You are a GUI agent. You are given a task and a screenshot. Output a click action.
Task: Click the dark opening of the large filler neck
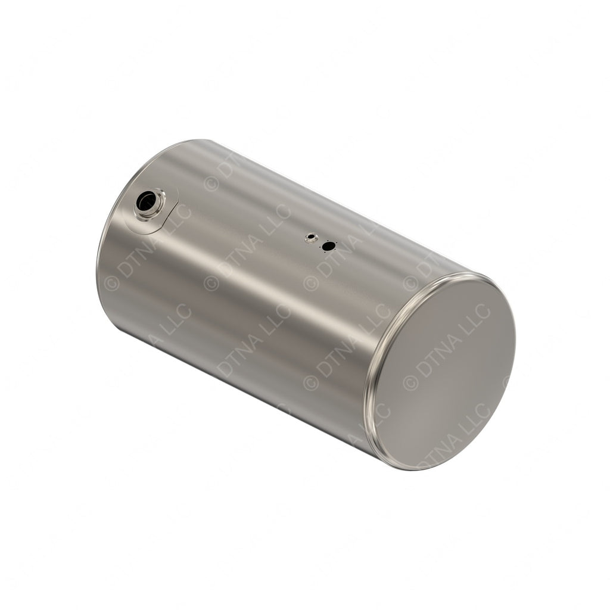click(145, 202)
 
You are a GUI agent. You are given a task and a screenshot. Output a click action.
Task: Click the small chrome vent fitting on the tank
click(310, 238)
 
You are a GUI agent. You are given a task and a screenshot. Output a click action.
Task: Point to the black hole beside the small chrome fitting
click(327, 245)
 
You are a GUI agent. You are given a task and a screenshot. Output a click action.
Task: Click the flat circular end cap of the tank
click(444, 372)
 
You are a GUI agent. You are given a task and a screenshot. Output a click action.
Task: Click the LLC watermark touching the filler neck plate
click(179, 215)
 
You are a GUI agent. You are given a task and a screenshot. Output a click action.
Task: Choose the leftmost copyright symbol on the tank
click(111, 284)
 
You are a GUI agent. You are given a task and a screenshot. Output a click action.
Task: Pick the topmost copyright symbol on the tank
click(211, 183)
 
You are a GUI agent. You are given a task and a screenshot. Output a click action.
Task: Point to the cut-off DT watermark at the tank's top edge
click(225, 167)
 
